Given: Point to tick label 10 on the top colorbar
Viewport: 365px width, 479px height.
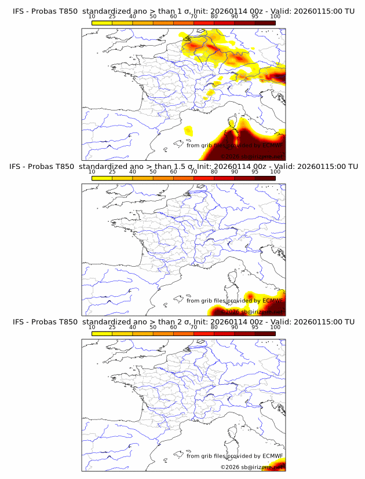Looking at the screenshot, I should pos(92,17).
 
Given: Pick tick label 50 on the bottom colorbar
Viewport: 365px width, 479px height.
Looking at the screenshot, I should pos(153,327).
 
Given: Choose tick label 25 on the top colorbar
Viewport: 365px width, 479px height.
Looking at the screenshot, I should pos(112,17).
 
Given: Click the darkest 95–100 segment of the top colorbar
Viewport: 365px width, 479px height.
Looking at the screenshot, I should pos(265,23).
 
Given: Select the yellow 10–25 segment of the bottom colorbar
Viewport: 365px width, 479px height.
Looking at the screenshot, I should pos(102,333).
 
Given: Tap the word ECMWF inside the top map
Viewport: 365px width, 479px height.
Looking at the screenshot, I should pos(269,146).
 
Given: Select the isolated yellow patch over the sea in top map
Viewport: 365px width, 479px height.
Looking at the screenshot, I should pos(188,131).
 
